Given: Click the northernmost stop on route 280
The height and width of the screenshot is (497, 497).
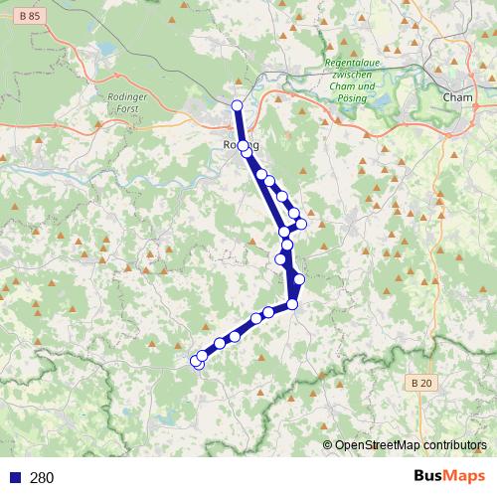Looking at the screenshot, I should (237, 105).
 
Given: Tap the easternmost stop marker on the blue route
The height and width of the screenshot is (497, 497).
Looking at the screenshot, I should (301, 224).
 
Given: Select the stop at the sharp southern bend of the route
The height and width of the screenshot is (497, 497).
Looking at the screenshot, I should (292, 304).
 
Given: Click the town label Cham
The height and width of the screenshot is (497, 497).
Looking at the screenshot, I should (456, 97).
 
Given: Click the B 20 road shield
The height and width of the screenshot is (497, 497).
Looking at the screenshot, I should (421, 383).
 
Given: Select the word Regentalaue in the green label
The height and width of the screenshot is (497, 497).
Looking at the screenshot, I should (353, 65).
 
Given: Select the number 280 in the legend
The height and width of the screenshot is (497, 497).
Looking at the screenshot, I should (43, 477).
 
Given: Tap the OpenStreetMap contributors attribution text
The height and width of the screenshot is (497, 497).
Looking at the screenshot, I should (412, 445).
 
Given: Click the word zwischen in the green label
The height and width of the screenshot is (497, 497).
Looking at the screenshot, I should (353, 76).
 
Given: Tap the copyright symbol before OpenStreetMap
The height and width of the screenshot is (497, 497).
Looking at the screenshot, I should (328, 445).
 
